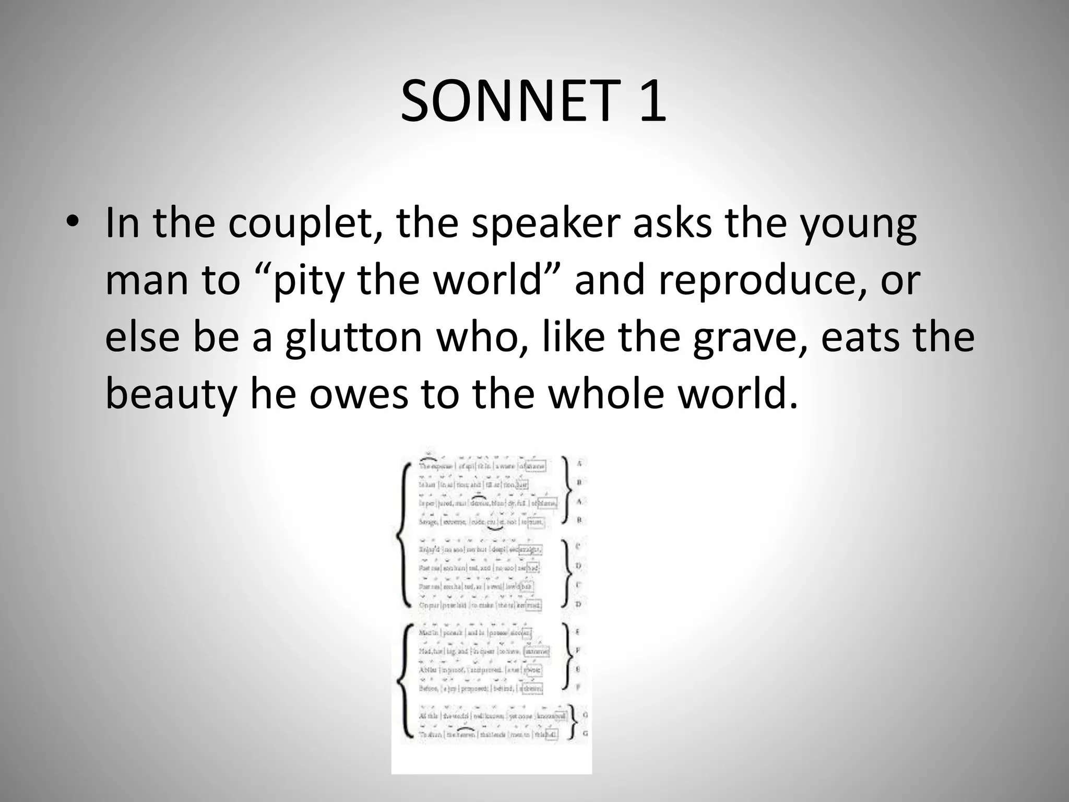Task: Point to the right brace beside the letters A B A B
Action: (567, 491)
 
